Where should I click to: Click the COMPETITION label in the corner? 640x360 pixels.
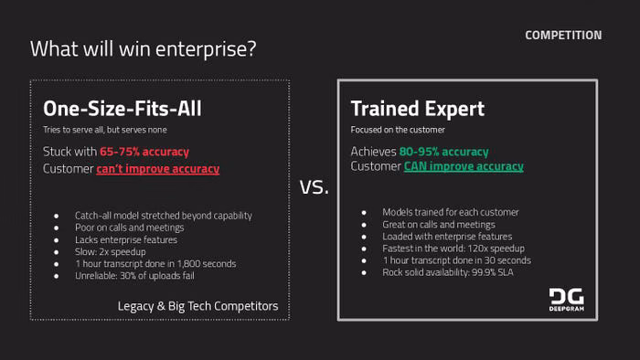[563, 36]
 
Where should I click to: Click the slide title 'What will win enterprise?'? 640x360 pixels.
[144, 49]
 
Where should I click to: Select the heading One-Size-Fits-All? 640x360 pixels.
[123, 109]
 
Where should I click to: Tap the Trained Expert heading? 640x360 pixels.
[418, 109]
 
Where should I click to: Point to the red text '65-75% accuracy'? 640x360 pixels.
[144, 152]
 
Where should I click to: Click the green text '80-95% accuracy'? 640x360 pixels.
[443, 152]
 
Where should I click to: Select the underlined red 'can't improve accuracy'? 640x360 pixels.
[158, 169]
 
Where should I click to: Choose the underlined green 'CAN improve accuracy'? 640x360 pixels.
[464, 166]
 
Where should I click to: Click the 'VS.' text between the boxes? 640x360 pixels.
[314, 187]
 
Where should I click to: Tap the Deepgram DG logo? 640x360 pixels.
[567, 300]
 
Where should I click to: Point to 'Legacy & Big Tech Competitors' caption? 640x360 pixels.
[198, 306]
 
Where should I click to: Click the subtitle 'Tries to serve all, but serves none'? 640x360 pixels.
[105, 130]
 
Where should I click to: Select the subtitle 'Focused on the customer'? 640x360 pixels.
[398, 130]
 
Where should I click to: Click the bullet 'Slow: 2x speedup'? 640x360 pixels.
[111, 252]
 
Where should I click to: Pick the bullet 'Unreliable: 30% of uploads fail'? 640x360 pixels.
[134, 276]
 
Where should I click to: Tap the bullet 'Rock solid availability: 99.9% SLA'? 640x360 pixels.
[448, 272]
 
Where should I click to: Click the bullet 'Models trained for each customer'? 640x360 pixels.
[451, 212]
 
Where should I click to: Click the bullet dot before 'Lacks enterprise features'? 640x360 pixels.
[56, 240]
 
